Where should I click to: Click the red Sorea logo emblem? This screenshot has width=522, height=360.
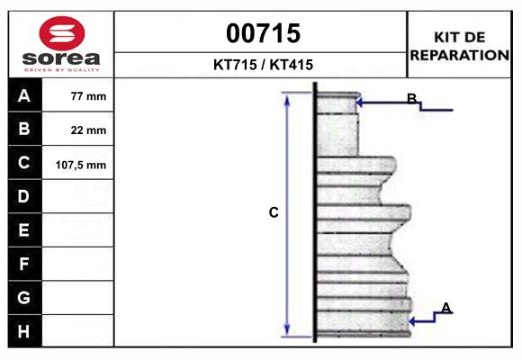pos(62,33)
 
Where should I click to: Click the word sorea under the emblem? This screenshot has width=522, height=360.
pos(61,58)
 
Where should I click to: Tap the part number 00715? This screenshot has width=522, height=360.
pos(264,33)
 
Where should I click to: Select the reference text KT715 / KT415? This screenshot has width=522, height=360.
pos(263,65)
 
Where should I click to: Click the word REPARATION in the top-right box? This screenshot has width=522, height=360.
pos(459,55)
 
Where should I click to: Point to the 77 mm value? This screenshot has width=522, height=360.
pos(88,96)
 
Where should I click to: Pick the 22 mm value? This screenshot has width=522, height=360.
pos(88,130)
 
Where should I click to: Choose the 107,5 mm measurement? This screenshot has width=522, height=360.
pos(81,165)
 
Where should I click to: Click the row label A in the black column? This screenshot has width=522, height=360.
pos(24,96)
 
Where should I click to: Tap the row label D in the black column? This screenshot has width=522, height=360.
pos(23,196)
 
